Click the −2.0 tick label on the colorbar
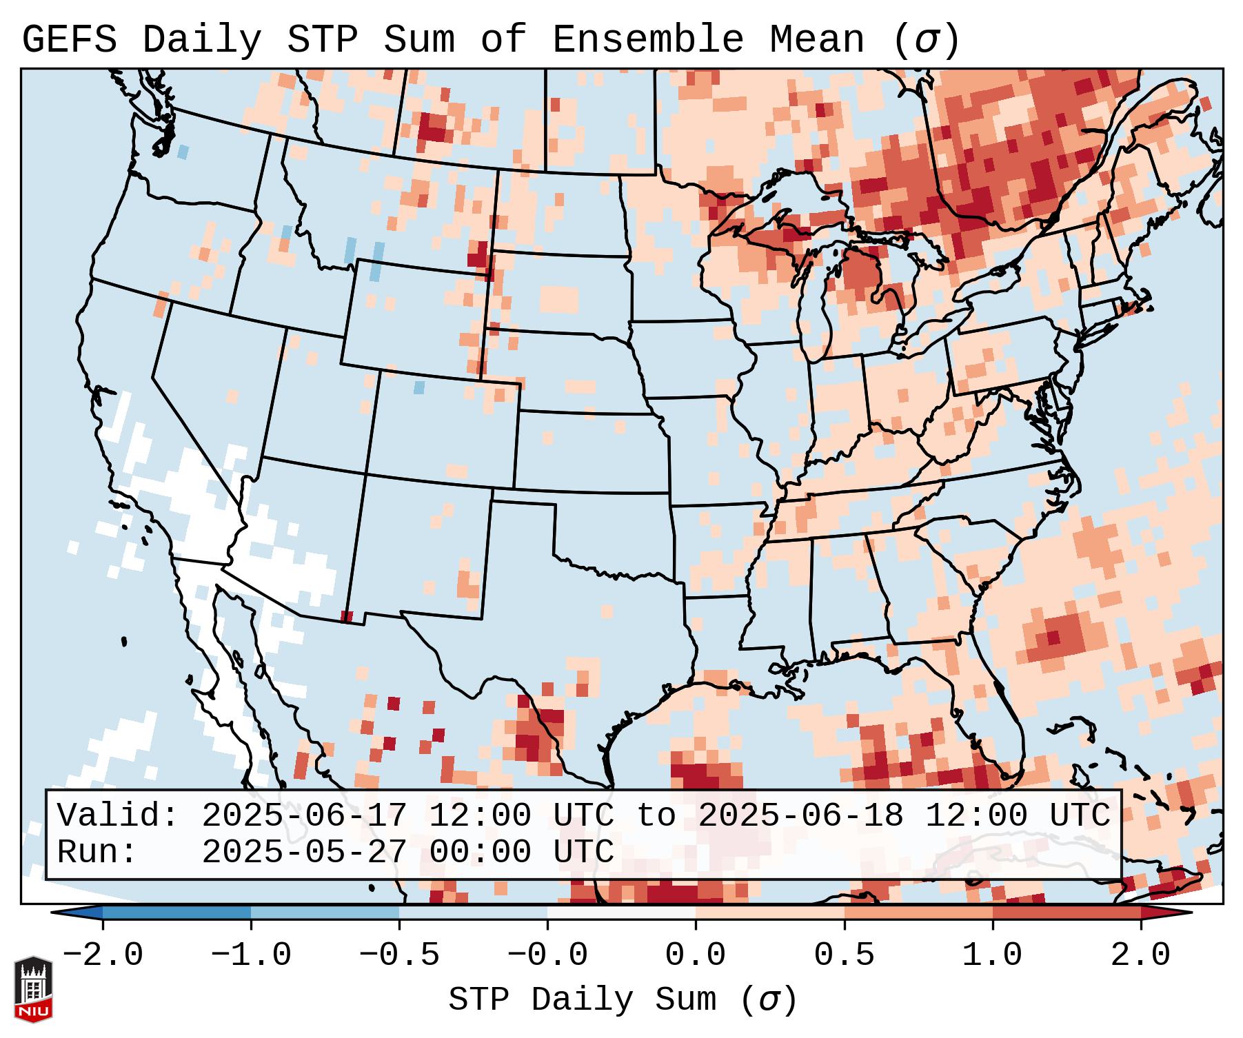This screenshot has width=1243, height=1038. point(103,955)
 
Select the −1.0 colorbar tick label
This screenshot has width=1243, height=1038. point(251,955)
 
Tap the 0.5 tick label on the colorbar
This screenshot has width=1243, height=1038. point(845,955)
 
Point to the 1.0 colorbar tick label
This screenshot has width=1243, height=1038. point(993,955)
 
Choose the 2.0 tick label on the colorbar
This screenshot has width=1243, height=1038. point(1141,955)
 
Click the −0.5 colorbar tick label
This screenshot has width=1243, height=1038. point(399,955)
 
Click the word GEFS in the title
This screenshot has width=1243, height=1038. point(69,40)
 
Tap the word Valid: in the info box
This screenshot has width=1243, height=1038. point(118,816)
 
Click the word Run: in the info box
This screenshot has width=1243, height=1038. point(97,853)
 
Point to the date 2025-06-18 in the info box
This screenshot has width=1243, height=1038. point(801,816)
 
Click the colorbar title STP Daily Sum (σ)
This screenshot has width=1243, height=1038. point(623,1000)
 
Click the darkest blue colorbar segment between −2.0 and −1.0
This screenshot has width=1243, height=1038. point(176,912)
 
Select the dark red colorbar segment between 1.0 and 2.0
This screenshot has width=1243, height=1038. point(1067,912)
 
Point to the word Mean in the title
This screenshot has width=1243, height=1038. point(817,40)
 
